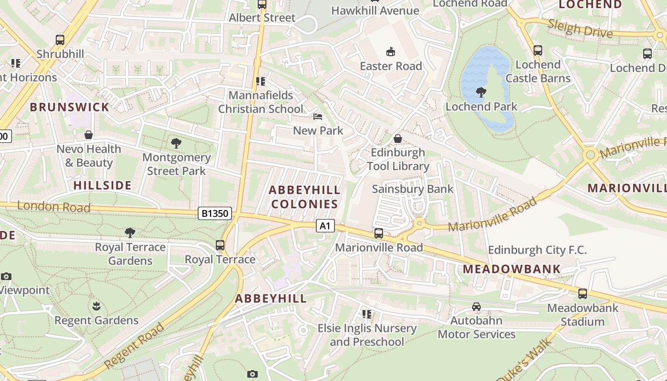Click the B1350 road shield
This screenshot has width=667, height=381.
click(x=215, y=213)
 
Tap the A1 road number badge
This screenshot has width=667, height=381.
click(x=325, y=226)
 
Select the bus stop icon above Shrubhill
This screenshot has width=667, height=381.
click(x=60, y=40)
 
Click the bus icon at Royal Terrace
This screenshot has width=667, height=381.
click(x=220, y=245)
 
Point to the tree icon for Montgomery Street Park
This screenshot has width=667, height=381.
click(x=176, y=143)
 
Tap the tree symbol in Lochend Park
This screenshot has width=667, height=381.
click(x=481, y=92)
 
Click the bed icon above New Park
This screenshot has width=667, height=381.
click(x=318, y=117)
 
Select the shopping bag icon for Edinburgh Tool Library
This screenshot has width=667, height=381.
click(x=398, y=139)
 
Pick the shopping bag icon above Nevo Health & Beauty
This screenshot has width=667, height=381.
click(x=89, y=135)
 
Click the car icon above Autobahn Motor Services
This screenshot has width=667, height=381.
click(x=476, y=307)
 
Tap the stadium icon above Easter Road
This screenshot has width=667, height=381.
click(x=391, y=52)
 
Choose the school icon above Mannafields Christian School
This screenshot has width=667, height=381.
click(x=260, y=81)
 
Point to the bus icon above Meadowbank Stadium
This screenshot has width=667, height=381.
click(x=582, y=294)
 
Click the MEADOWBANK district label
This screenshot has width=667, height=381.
click(x=512, y=269)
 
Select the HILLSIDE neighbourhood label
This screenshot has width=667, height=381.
click(x=102, y=185)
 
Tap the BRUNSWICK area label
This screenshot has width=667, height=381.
click(x=70, y=107)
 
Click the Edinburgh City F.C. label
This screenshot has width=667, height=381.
click(x=537, y=250)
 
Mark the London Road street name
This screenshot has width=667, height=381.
click(x=53, y=207)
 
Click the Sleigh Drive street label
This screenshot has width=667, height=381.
click(x=580, y=29)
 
